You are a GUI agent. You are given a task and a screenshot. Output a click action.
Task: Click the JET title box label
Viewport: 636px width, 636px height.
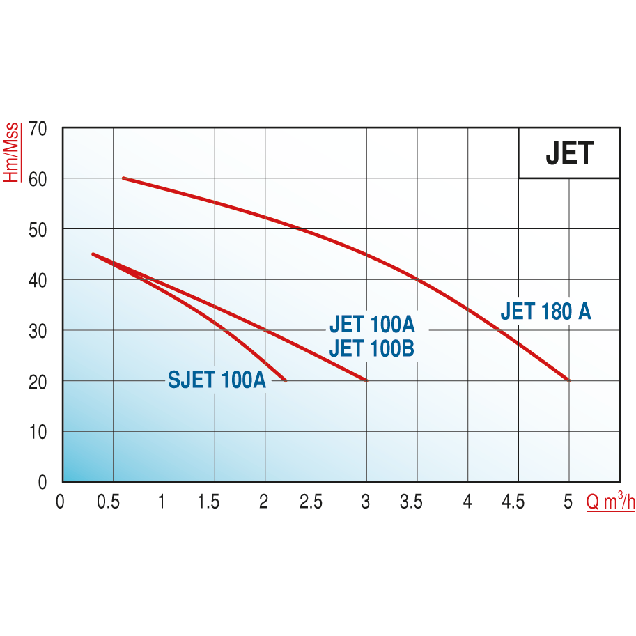tap(568, 153)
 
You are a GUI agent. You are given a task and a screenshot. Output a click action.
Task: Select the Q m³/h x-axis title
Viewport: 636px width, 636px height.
tap(610, 502)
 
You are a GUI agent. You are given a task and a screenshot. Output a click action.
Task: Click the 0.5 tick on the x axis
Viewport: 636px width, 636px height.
tap(108, 502)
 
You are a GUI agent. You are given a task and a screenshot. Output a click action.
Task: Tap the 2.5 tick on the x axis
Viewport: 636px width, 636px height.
tap(311, 502)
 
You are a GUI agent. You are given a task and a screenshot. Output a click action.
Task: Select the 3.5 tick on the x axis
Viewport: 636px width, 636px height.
tap(412, 502)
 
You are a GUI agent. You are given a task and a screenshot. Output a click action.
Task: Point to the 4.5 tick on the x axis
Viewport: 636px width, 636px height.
tap(513, 502)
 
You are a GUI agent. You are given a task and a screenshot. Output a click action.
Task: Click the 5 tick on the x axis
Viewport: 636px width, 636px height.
tap(568, 502)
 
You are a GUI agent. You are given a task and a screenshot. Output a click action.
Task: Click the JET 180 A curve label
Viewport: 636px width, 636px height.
tap(545, 311)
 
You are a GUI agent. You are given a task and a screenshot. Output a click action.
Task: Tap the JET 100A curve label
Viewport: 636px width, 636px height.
tap(372, 325)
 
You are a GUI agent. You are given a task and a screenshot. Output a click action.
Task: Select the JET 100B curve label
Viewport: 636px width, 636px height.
tap(372, 347)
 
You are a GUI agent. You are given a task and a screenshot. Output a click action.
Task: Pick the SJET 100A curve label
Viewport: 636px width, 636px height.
tap(217, 380)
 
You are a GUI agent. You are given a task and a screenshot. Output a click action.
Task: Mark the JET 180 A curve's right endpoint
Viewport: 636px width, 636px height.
tap(569, 380)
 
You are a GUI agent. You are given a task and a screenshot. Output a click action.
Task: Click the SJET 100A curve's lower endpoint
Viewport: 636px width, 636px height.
tap(285, 380)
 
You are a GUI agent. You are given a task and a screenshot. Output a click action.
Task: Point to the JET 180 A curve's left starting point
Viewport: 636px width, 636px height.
tap(123, 178)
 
